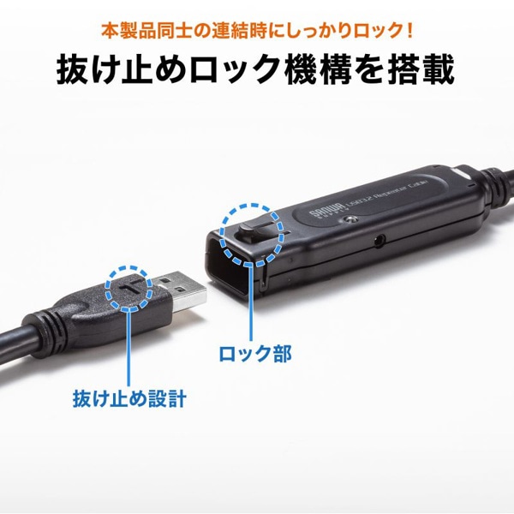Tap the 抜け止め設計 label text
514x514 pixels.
[x=128, y=400]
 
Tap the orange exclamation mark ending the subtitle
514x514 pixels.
[x=410, y=32]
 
